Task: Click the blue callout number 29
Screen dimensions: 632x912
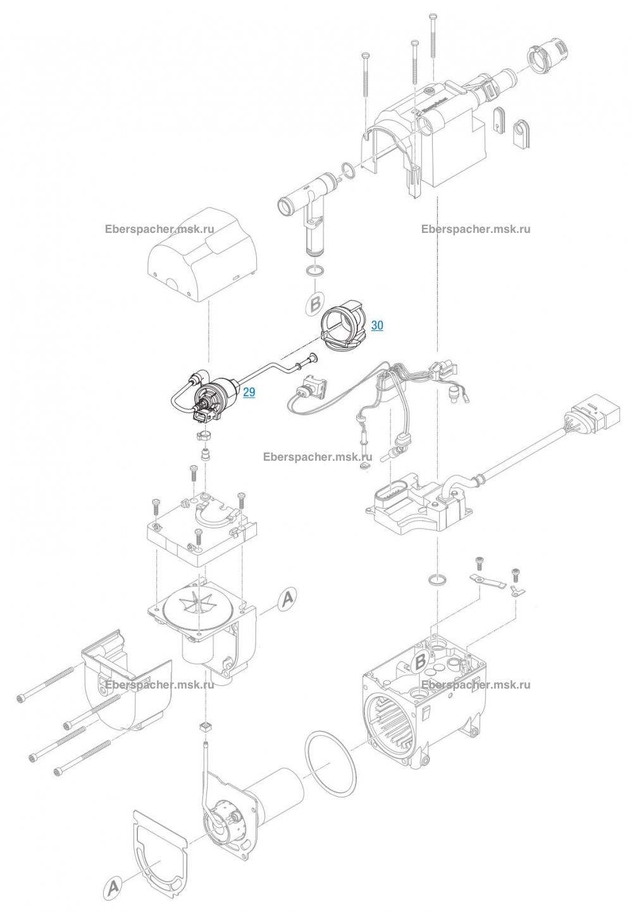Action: pos(249,392)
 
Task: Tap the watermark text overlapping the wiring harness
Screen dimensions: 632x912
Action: pos(318,457)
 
